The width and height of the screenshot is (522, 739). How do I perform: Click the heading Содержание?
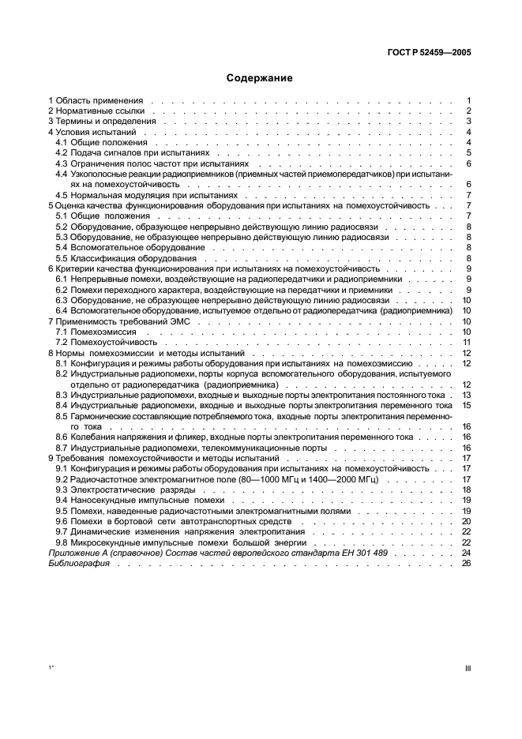(x=260, y=78)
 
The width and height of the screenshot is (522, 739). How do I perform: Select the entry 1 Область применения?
(x=96, y=101)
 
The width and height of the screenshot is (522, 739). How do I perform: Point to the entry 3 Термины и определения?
(x=102, y=122)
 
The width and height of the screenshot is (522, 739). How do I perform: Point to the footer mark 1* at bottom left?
(x=51, y=668)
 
